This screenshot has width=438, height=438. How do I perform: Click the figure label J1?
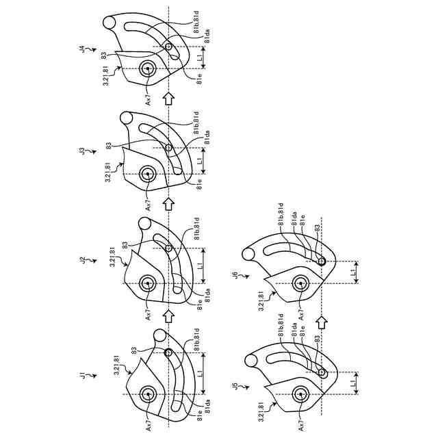[x=82, y=376]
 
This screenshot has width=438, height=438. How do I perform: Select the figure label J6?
[x=235, y=276]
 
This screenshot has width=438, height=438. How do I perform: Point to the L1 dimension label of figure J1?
[x=199, y=373]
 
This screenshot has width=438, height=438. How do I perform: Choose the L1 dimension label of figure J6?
[x=352, y=272]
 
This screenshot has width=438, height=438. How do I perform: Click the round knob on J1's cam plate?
[x=160, y=335]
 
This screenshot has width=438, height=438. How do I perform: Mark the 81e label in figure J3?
[x=199, y=184]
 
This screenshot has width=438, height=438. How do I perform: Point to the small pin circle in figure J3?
[x=168, y=149]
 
